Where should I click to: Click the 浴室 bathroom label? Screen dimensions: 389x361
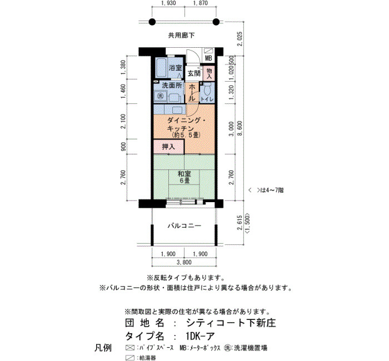pyautogui.click(x=176, y=68)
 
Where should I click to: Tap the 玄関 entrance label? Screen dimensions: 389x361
pyautogui.click(x=194, y=73)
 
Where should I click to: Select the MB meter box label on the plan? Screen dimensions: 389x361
pyautogui.click(x=208, y=58)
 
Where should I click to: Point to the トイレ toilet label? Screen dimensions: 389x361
pyautogui.click(x=207, y=99)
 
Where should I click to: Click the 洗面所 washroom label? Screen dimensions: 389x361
pyautogui.click(x=172, y=86)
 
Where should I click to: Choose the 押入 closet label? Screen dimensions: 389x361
pyautogui.click(x=168, y=147)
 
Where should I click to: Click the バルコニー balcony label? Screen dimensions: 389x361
pyautogui.click(x=184, y=225)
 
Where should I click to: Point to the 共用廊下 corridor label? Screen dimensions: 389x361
pyautogui.click(x=181, y=36)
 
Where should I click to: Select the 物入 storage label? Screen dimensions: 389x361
pyautogui.click(x=209, y=73)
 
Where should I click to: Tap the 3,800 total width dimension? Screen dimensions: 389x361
pyautogui.click(x=184, y=262)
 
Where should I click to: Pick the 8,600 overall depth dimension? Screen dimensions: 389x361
pyautogui.click(x=240, y=128)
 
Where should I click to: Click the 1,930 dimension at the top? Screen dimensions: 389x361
pyautogui.click(x=168, y=3)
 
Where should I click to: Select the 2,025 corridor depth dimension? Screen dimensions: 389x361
pyautogui.click(x=240, y=39)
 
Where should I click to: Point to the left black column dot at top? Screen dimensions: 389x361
pyautogui.click(x=152, y=22)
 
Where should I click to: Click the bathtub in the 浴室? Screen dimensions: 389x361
pyautogui.click(x=161, y=68)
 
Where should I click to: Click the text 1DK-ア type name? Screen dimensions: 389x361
pyautogui.click(x=200, y=336)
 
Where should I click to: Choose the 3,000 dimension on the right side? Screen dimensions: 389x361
pyautogui.click(x=231, y=128)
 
